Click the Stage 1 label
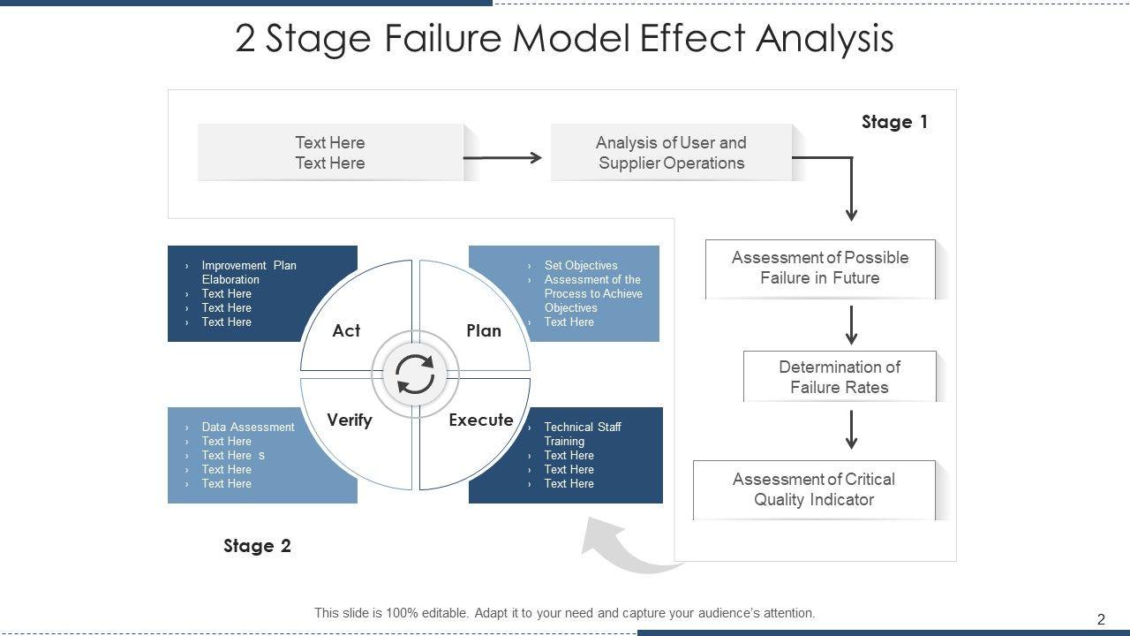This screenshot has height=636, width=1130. click(x=894, y=122)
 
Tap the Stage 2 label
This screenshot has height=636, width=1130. click(x=257, y=546)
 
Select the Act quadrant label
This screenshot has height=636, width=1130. click(x=346, y=330)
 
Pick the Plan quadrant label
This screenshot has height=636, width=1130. click(x=484, y=330)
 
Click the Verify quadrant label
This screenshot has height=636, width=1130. click(x=350, y=420)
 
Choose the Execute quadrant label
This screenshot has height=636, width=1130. click(x=481, y=420)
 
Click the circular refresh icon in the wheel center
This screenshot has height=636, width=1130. click(x=415, y=375)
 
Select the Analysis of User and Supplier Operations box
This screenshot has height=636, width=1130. click(x=672, y=153)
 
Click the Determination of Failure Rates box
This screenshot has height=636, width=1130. click(x=840, y=376)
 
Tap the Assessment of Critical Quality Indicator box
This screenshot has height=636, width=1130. click(x=814, y=489)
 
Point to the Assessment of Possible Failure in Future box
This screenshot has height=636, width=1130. click(x=820, y=269)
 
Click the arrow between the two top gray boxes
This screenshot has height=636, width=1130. click(x=502, y=158)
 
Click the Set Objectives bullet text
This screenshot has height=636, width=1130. click(x=581, y=266)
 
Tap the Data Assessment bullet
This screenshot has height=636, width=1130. click(x=248, y=427)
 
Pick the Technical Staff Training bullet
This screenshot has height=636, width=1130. click(x=583, y=434)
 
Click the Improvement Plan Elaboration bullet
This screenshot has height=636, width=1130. click(x=249, y=273)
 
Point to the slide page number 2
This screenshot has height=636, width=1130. click(x=1101, y=619)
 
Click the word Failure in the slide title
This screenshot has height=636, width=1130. click(x=443, y=38)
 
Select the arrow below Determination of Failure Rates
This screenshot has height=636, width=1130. click(x=852, y=430)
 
